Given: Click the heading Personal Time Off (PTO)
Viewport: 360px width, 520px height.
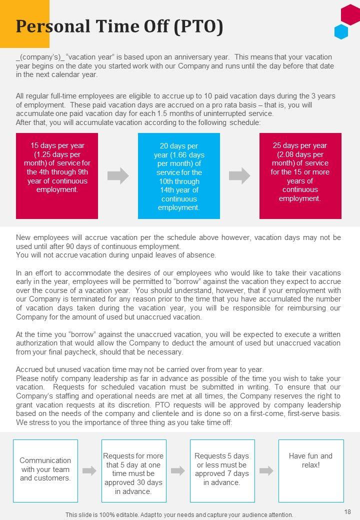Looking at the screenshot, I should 119,26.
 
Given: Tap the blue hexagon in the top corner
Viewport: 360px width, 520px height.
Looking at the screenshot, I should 341,31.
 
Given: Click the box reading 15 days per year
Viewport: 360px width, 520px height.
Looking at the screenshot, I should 57,175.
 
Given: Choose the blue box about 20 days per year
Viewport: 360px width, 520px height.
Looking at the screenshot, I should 178,175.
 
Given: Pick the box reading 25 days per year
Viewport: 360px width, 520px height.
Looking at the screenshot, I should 300,175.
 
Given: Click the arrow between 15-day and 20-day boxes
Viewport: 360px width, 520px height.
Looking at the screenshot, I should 118,175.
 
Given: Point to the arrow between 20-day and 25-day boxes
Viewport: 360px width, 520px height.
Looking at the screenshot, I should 239,175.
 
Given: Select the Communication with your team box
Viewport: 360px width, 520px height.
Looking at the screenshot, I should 45,470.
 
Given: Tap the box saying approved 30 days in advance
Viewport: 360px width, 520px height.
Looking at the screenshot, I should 133,470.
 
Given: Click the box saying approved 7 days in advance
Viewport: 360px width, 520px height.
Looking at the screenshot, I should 222,470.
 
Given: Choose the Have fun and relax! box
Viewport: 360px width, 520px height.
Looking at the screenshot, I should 311,470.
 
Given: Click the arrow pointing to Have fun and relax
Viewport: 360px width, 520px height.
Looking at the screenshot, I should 266,470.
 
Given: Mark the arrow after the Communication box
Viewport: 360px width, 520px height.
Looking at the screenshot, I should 89,470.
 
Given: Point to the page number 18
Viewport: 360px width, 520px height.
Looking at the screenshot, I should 348,511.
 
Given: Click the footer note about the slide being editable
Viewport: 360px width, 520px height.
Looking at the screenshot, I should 179,514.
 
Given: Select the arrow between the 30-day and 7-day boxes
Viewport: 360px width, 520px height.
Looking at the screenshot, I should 178,470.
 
